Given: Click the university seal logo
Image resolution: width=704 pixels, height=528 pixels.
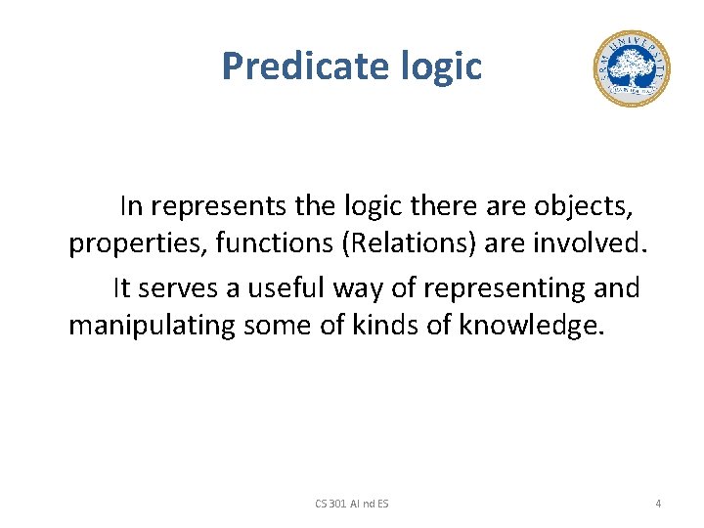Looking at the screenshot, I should click(631, 68).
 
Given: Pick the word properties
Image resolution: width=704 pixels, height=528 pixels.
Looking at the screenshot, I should click(138, 243).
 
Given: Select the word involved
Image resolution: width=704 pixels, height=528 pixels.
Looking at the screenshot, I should click(592, 243).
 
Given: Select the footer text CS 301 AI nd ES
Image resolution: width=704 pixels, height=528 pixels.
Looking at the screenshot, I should click(351, 504).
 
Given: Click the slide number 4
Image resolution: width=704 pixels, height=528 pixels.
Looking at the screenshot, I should click(658, 504).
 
